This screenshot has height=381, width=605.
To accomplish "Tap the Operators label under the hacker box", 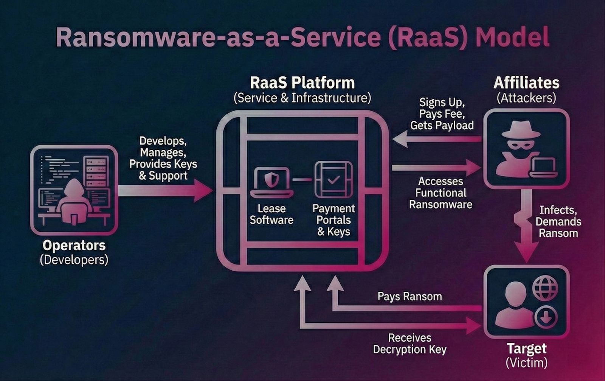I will click(x=74, y=245).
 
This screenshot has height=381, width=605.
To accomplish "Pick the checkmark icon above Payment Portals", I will click(x=334, y=180).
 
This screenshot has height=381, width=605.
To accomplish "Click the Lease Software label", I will click(x=271, y=214).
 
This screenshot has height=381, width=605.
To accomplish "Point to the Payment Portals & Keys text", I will click(x=334, y=220).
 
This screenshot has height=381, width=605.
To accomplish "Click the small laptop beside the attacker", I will click(x=543, y=168).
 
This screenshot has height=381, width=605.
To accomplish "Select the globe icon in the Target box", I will click(x=545, y=288).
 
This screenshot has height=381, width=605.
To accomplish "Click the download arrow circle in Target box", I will click(x=545, y=317).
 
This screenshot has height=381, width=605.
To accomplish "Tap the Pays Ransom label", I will click(x=410, y=296).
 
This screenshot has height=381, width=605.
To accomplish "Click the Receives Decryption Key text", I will click(x=410, y=344).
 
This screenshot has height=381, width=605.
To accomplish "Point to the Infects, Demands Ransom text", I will click(x=558, y=221).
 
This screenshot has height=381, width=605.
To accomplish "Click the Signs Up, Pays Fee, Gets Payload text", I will click(x=442, y=114).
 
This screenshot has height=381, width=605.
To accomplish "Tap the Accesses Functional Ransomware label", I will click(x=441, y=193).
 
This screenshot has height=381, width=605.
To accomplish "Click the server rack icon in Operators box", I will click(x=96, y=171).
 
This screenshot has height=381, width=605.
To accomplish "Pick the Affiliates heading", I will click(x=526, y=82).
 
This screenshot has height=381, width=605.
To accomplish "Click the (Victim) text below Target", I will click(x=526, y=362).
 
